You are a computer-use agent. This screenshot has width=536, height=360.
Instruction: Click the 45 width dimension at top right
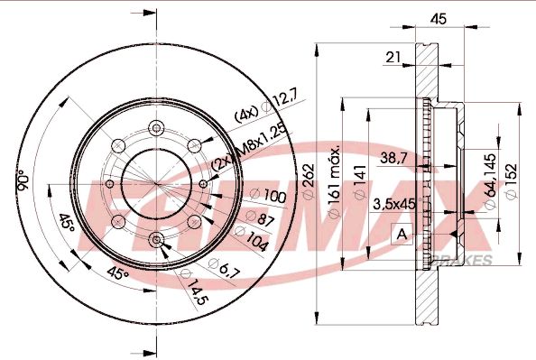click(439, 17)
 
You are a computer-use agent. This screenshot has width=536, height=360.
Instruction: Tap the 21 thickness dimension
click(393, 57)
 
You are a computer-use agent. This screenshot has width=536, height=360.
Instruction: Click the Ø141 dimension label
click(360, 181)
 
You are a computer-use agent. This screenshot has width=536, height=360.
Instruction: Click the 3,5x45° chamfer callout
click(393, 205)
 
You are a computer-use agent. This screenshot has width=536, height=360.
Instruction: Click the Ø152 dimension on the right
click(513, 181)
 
